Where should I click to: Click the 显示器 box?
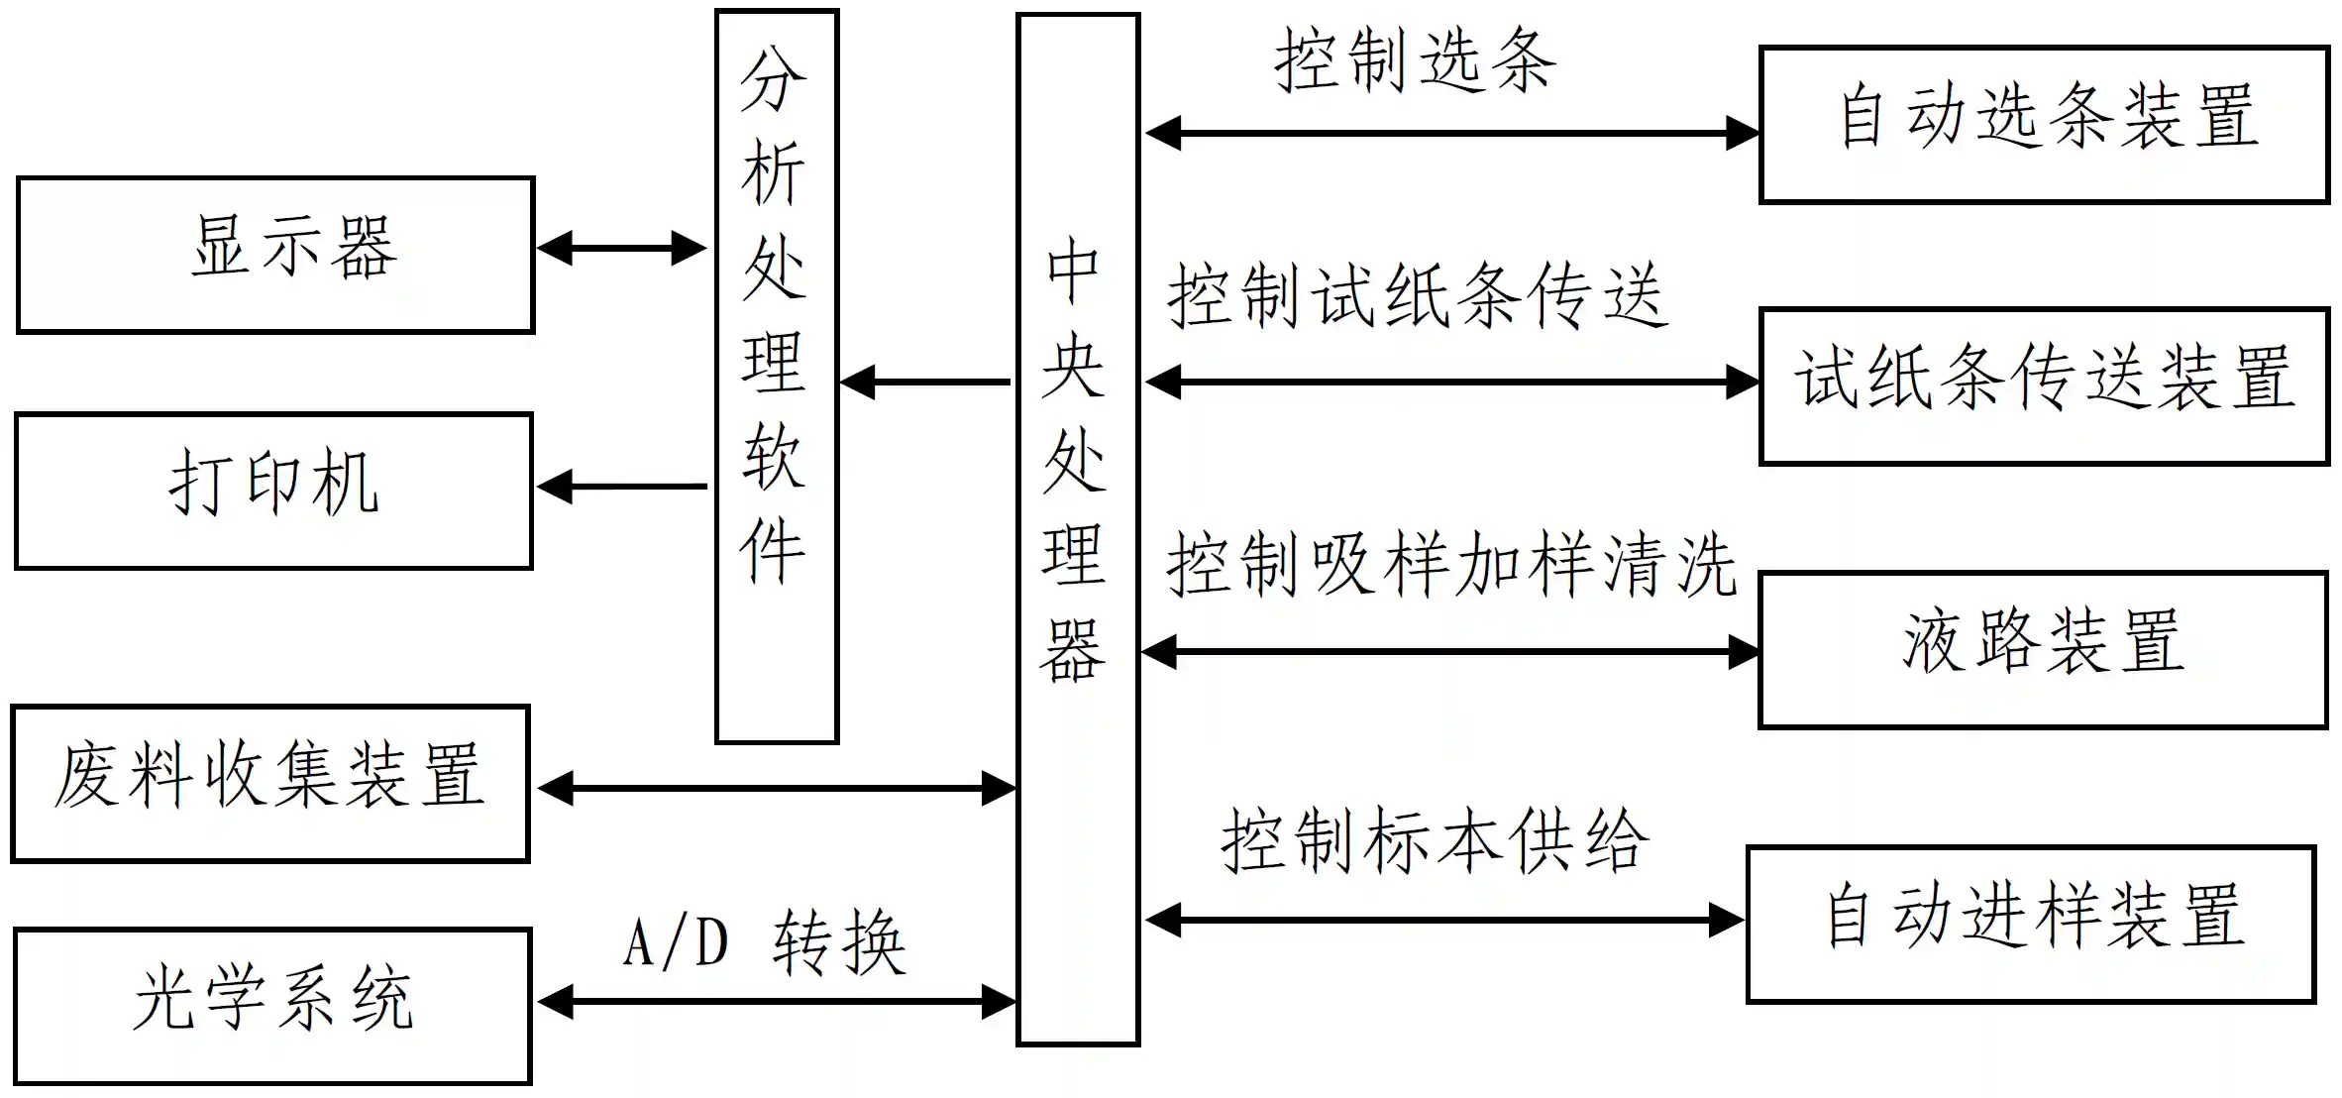pos(275,255)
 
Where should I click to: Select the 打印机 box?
pos(273,491)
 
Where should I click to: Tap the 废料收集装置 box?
pos(269,783)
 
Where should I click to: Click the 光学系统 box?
pos(272,1006)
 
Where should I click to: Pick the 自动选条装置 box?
pos(2043,124)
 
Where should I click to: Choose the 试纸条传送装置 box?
pos(2043,385)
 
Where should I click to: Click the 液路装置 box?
pos(2042,649)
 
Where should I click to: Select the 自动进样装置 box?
pos(2030,924)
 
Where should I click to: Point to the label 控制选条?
pos(1415,61)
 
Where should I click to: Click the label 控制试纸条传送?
pos(1417,295)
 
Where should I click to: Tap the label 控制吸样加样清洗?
pos(1450,565)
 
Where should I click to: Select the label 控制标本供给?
pos(1434,840)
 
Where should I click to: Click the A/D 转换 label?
pos(765,942)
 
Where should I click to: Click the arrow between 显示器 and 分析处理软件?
pos(621,248)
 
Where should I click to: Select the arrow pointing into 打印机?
pos(621,487)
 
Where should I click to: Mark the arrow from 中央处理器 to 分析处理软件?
pos(925,382)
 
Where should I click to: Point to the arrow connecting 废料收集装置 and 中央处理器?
pos(776,789)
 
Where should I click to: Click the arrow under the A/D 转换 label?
pos(776,1002)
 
